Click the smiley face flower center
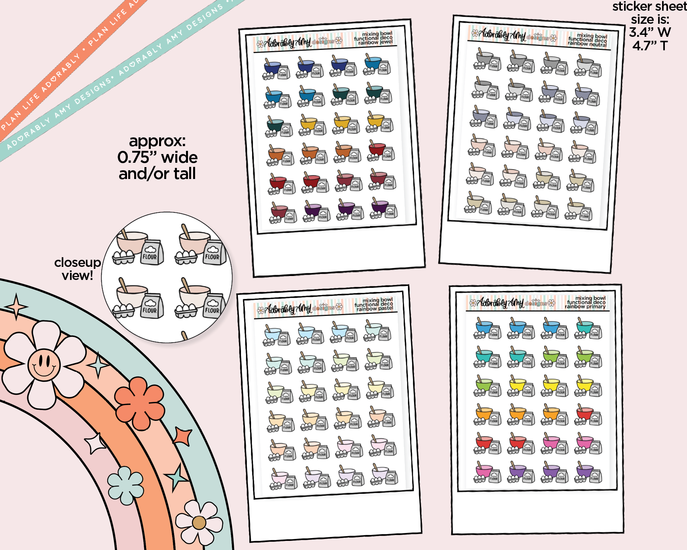(x=44, y=363)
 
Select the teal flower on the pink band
(x=125, y=485)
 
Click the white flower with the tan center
(x=199, y=522)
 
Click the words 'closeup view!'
(x=77, y=269)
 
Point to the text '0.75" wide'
(x=158, y=158)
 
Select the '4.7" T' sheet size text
(x=650, y=46)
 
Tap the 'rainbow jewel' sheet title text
(x=376, y=42)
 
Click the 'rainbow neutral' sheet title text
(x=587, y=44)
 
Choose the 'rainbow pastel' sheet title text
(x=375, y=308)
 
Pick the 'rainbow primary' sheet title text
(x=585, y=306)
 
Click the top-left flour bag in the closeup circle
(x=150, y=252)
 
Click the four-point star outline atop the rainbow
(x=16, y=306)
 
